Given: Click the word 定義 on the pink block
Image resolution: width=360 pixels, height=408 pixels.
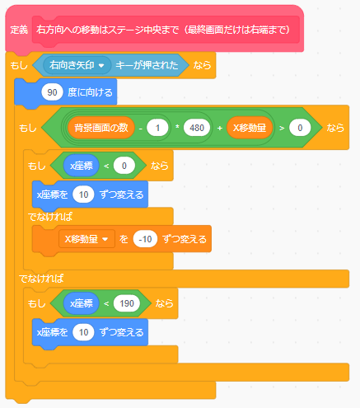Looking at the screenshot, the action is pyautogui.click(x=19, y=30).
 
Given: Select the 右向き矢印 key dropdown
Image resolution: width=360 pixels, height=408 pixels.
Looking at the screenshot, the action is pyautogui.click(x=77, y=65).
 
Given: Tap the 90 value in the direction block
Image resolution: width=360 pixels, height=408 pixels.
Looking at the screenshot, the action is pyautogui.click(x=52, y=92).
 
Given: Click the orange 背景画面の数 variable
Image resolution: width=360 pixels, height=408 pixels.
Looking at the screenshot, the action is pyautogui.click(x=101, y=128).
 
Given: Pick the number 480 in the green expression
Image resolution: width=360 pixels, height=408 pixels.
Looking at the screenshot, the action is pyautogui.click(x=197, y=128).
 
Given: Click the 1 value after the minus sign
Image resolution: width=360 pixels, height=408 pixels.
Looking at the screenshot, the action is pyautogui.click(x=157, y=128).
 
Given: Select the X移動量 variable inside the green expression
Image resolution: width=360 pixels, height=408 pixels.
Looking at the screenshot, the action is pyautogui.click(x=250, y=128).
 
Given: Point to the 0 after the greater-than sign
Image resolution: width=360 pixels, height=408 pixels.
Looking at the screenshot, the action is pyautogui.click(x=300, y=128).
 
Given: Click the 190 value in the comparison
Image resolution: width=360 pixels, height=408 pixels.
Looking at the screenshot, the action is pyautogui.click(x=127, y=303).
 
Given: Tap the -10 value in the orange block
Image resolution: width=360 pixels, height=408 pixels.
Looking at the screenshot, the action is pyautogui.click(x=145, y=239).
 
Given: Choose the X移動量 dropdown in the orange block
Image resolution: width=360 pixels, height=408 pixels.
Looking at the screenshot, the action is pyautogui.click(x=86, y=239).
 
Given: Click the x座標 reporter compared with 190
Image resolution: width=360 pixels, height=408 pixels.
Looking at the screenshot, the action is pyautogui.click(x=82, y=303).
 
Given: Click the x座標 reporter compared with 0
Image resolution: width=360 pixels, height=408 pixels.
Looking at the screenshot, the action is pyautogui.click(x=82, y=166).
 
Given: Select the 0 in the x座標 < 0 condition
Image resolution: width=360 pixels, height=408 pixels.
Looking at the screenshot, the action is pyautogui.click(x=124, y=166).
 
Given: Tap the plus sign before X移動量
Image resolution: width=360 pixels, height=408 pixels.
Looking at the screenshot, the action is pyautogui.click(x=220, y=128).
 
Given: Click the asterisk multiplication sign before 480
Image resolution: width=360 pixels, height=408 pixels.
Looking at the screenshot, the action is pyautogui.click(x=177, y=127).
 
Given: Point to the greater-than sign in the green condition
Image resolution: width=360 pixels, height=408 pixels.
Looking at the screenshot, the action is pyautogui.click(x=282, y=128).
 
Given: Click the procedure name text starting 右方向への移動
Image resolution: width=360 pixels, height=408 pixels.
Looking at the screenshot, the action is pyautogui.click(x=163, y=30).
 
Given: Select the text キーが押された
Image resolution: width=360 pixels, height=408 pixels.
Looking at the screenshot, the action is pyautogui.click(x=147, y=65).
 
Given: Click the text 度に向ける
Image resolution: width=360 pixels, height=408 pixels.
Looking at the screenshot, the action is pyautogui.click(x=90, y=92).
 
